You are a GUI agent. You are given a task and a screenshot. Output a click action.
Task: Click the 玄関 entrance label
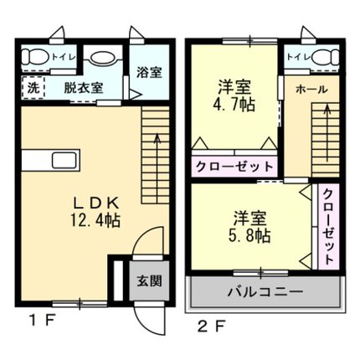pos(149,281)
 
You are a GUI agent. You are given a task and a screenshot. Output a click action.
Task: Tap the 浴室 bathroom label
pos(149,72)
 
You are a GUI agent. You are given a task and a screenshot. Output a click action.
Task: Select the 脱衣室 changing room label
pos(84,88)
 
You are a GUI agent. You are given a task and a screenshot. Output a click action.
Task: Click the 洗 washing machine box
pos(33,88)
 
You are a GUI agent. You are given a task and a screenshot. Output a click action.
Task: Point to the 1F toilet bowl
pos(35,57)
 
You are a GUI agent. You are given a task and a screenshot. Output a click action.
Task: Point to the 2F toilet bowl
pos(325,58)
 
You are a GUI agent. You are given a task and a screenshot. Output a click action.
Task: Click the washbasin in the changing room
pos(103,59)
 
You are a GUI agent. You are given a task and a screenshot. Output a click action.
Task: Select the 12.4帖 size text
pos(95,220)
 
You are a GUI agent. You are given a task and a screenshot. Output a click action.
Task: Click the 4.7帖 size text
pos(234,105)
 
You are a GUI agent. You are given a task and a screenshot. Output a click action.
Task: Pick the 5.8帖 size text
pos(249,236)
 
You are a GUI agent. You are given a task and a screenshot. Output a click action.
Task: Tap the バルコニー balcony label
pos(265,292)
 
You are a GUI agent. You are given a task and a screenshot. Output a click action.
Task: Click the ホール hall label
pos(311,90)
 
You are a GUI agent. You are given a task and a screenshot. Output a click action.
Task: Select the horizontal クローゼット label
pos(234,167)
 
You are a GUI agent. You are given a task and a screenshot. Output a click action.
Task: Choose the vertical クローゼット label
pos(329,227)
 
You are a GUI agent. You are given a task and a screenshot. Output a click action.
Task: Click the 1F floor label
pos(43,321)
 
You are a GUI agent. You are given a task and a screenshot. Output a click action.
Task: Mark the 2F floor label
pos(211,326)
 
